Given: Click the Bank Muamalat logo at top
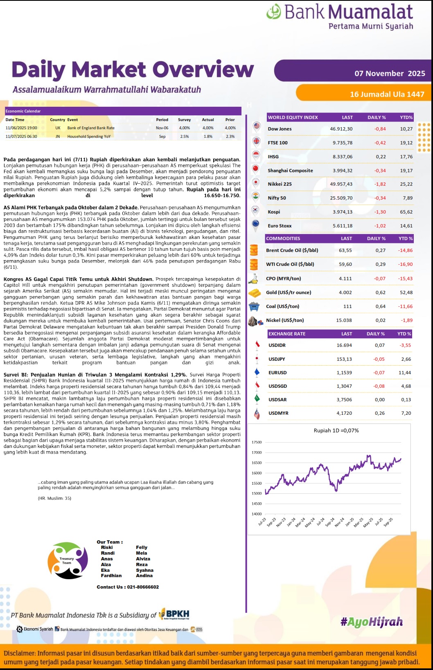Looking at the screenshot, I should pyautogui.click(x=340, y=16).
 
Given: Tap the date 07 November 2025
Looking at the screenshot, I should pyautogui.click(x=390, y=74).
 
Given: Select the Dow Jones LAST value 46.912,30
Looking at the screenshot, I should pyautogui.click(x=341, y=129).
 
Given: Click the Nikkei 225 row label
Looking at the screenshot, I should pyautogui.click(x=280, y=184).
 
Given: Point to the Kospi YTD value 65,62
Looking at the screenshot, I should pyautogui.click(x=406, y=212).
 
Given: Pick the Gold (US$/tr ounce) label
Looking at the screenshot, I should pyautogui.click(x=288, y=292).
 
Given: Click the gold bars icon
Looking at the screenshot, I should pyautogui.click(x=255, y=293).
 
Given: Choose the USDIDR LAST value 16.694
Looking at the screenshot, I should pyautogui.click(x=344, y=345).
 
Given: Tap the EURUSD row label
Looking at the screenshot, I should pyautogui.click(x=277, y=373).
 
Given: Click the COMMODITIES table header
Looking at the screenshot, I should pyautogui.click(x=283, y=238).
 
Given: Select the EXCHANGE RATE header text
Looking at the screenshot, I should pyautogui.click(x=287, y=334).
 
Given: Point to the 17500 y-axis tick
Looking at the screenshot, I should pyautogui.click(x=257, y=442).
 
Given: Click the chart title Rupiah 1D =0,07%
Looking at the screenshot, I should pyautogui.click(x=336, y=430).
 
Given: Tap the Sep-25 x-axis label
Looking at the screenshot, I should pyautogui.click(x=388, y=522).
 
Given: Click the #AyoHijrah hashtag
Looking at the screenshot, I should pyautogui.click(x=371, y=622).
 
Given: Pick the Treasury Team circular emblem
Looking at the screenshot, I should pyautogui.click(x=68, y=560).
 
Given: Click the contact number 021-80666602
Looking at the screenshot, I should pyautogui.click(x=143, y=587).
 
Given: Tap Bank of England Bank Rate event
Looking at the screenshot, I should pyautogui.click(x=91, y=128).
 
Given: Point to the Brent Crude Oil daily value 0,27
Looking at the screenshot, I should pyautogui.click(x=380, y=250).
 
